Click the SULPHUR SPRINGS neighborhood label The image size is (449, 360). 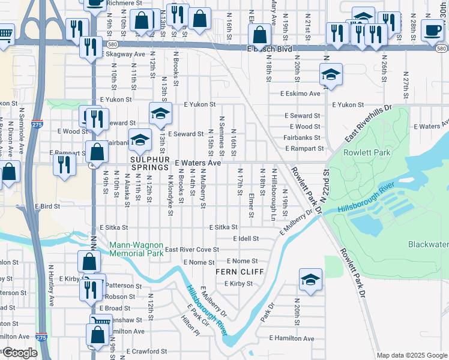tap(149, 163)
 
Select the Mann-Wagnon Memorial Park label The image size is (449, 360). tap(136, 250)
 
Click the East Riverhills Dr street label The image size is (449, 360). tap(368, 124)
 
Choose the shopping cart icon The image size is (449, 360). tap(5, 34)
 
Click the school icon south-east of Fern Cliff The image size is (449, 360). tap(310, 280)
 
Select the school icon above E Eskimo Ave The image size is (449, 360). tap(330, 75)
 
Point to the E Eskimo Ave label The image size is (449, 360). tap(300, 94)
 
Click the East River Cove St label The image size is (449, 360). tap(192, 250)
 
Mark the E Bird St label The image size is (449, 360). tap(47, 206)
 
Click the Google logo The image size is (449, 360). tap(20, 353)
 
